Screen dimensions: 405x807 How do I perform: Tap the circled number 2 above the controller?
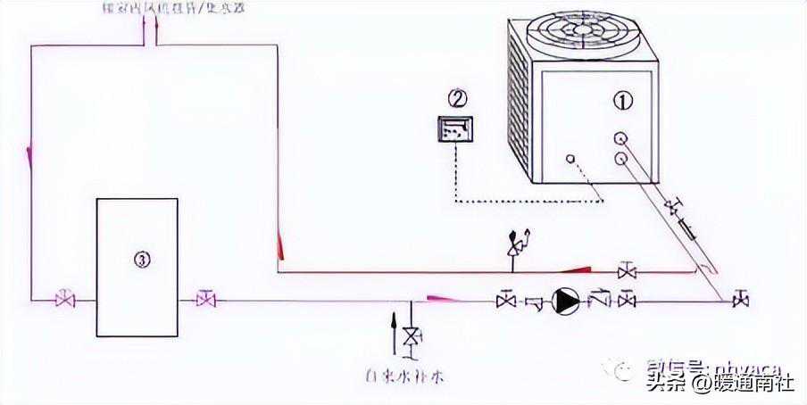458,96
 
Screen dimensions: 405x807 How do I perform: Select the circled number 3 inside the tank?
141,260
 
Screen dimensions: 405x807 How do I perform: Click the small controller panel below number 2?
455,129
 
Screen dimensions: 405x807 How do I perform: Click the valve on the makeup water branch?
411,338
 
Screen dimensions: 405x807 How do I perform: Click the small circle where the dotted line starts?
569,161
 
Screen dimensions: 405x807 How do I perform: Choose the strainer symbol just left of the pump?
535,302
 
